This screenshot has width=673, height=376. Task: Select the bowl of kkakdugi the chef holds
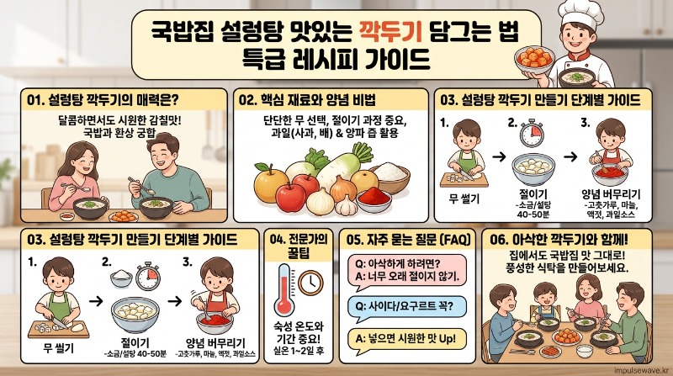point(534,59)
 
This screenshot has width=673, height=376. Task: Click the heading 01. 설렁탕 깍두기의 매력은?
point(103,100)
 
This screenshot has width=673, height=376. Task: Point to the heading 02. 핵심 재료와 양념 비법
point(307,100)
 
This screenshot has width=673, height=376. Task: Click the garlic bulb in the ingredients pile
point(346,205)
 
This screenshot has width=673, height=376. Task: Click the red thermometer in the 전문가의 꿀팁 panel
point(284,290)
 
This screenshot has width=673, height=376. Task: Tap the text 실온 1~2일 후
point(299,352)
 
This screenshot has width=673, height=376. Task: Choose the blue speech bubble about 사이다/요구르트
point(405,307)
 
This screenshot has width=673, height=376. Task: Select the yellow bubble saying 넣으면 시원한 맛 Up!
point(405,340)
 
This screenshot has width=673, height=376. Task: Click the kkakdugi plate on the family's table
point(567,336)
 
